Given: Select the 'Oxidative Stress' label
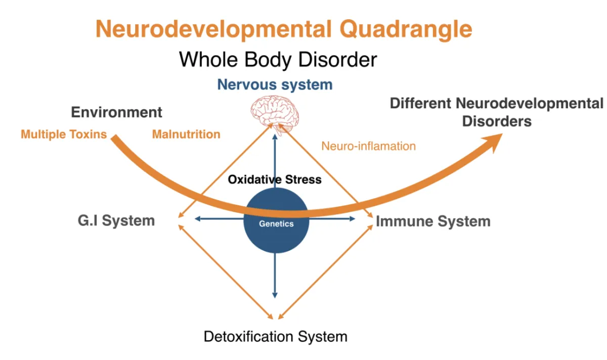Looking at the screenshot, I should pos(275,179).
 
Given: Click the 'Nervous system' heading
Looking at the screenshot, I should pos(275,84).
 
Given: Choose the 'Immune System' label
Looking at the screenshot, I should pos(433,221).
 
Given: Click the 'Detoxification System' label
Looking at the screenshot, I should pos(276,336).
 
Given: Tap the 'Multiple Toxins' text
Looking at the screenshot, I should pos(64,134).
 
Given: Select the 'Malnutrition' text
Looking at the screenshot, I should pos(186,134).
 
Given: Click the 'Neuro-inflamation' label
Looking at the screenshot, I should pos(368,147).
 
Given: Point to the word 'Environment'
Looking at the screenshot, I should pos(117,112).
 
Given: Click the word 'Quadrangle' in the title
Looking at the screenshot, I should pos(406,29).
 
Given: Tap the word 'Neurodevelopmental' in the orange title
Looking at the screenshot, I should pos(213,29).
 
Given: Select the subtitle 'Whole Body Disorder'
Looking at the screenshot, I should pos(278,60).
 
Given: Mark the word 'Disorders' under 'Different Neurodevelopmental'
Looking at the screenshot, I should pos(497,122).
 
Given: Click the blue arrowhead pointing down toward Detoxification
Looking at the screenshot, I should pos(275,294).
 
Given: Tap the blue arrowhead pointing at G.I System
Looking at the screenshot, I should pos(198,219).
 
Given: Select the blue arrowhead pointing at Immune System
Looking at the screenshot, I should pos(353,219).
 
